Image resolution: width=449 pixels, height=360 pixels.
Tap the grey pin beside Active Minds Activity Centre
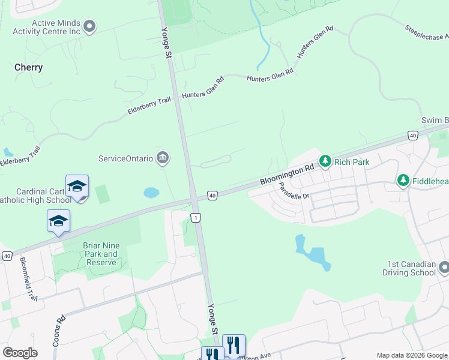tap(90, 26)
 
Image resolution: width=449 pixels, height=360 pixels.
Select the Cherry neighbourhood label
tap(29, 67)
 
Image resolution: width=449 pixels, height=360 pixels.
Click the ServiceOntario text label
tap(125, 159)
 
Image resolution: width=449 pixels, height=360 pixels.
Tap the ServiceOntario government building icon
tap(162, 158)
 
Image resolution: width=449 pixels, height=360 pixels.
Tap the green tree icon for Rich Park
tap(325, 161)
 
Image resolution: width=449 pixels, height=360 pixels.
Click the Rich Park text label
tap(352, 162)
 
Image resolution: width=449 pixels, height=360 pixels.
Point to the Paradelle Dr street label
tap(293, 191)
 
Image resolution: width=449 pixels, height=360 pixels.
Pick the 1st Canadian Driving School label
tap(411, 269)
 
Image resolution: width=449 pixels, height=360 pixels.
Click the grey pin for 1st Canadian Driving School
tap(444, 266)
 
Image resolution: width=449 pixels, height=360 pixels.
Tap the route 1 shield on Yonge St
tap(196, 217)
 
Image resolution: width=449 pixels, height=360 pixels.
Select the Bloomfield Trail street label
tap(28, 278)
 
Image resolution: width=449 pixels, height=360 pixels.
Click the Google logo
tap(20, 353)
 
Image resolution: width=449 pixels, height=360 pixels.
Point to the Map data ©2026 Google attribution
tap(412, 355)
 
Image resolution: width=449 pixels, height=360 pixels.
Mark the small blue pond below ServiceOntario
tap(151, 193)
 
